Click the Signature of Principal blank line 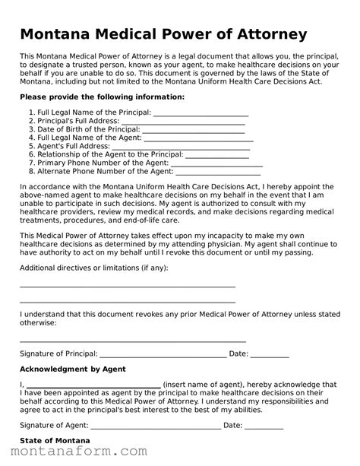click(163, 354)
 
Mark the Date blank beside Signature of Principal click(270, 354)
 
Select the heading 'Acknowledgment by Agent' click(72, 369)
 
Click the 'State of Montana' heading click(55, 441)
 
